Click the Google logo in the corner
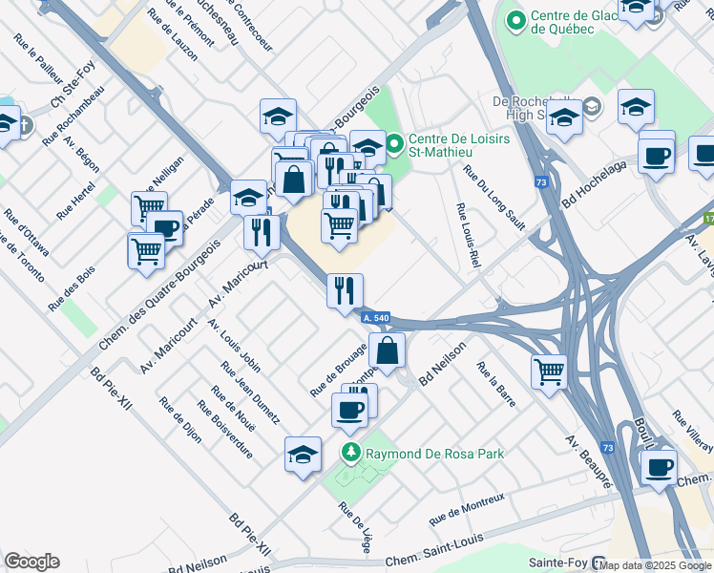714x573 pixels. pyautogui.click(x=31, y=562)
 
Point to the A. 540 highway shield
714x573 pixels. pyautogui.click(x=375, y=316)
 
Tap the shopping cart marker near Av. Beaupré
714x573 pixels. pyautogui.click(x=549, y=371)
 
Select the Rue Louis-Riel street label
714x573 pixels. pyautogui.click(x=467, y=235)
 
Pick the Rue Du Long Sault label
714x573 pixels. pyautogui.click(x=493, y=198)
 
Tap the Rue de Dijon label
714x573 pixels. pyautogui.click(x=181, y=419)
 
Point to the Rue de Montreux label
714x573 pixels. pyautogui.click(x=466, y=509)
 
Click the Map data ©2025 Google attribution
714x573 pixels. pyautogui.click(x=657, y=565)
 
